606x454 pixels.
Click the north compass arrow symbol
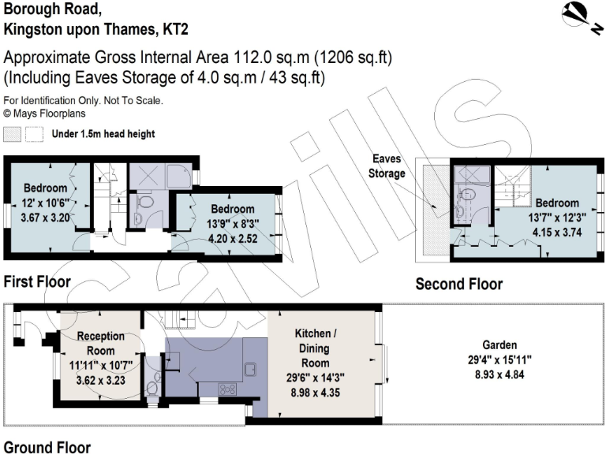pyautogui.click(x=579, y=13)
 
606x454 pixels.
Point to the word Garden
pyautogui.click(x=501, y=345)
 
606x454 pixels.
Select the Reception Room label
pyautogui.click(x=100, y=344)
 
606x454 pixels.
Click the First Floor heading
pyautogui.click(x=37, y=281)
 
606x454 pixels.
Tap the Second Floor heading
pyautogui.click(x=458, y=284)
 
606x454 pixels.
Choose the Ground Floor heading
pyautogui.click(x=47, y=447)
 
